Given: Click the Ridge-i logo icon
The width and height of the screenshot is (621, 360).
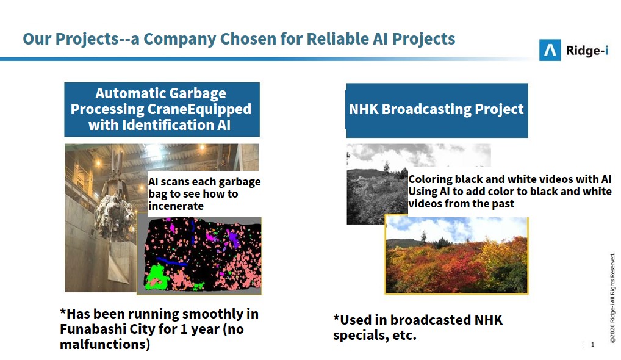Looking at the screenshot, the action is pos(550,50).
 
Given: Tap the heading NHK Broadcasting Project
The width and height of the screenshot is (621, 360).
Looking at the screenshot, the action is pos(436,109).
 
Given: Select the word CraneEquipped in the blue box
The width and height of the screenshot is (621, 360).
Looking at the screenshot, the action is pos(199,109).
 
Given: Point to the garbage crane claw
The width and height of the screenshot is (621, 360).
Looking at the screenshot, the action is pos(114,210).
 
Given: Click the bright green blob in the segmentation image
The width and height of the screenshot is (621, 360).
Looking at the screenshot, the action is pos(157,277).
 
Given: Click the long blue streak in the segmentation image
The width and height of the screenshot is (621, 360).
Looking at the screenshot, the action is pos(171,262).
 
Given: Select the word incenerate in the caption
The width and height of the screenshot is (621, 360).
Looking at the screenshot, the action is pos(176,206).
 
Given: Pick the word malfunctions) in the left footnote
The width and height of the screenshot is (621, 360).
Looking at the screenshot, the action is pos(105,344).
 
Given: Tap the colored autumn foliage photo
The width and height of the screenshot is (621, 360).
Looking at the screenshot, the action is pos(456,256).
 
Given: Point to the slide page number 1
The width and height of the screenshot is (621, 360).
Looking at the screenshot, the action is pos(592,345).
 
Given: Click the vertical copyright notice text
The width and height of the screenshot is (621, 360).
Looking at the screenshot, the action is pos(612,298).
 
